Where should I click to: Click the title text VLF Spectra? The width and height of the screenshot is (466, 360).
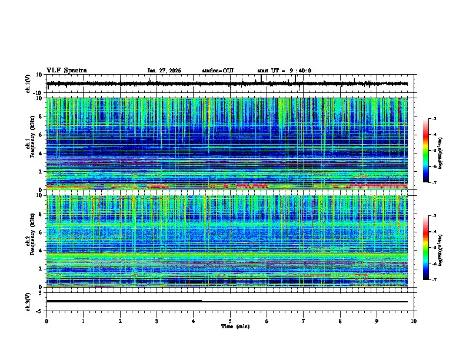[66, 71]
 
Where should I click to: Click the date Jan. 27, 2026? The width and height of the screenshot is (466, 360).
[164, 71]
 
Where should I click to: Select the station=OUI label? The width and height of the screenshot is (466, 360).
[218, 71]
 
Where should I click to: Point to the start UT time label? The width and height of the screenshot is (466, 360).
[284, 71]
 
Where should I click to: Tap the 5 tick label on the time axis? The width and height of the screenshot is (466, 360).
[231, 321]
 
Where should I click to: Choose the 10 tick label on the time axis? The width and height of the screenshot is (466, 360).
[414, 321]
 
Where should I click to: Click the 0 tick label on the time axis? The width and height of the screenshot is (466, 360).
[46, 321]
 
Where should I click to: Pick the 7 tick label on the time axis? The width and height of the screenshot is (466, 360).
[304, 321]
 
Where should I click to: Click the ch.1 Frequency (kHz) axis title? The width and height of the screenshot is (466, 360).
[29, 144]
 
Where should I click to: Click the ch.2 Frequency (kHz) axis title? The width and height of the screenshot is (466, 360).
[29, 241]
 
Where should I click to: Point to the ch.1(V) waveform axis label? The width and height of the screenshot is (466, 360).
[28, 84]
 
